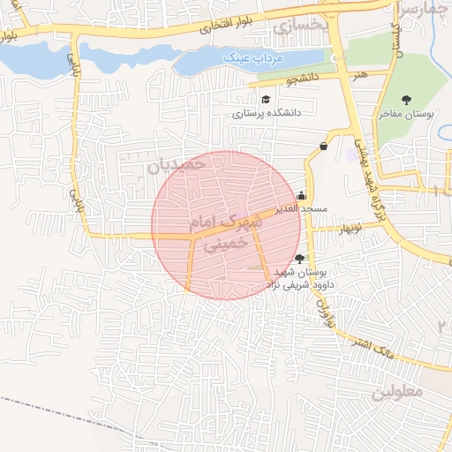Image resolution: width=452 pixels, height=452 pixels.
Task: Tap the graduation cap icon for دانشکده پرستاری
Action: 266,99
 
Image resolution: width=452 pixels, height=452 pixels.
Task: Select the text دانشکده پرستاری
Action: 267,113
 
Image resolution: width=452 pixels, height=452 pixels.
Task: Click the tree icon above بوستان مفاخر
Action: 406,100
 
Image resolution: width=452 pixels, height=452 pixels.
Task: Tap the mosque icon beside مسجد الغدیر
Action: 302,196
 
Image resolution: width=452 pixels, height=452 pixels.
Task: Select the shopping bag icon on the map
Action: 324,146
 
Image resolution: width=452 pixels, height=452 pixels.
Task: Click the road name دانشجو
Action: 302,80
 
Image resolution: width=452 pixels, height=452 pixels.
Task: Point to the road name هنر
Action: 358,75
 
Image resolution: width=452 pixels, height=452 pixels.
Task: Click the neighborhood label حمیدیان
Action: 177,164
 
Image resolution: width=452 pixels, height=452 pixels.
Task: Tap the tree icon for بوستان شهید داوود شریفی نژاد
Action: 301,259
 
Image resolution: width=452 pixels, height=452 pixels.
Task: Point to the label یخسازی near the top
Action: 300,26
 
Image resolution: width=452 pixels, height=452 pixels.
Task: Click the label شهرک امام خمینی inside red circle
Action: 227,231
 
